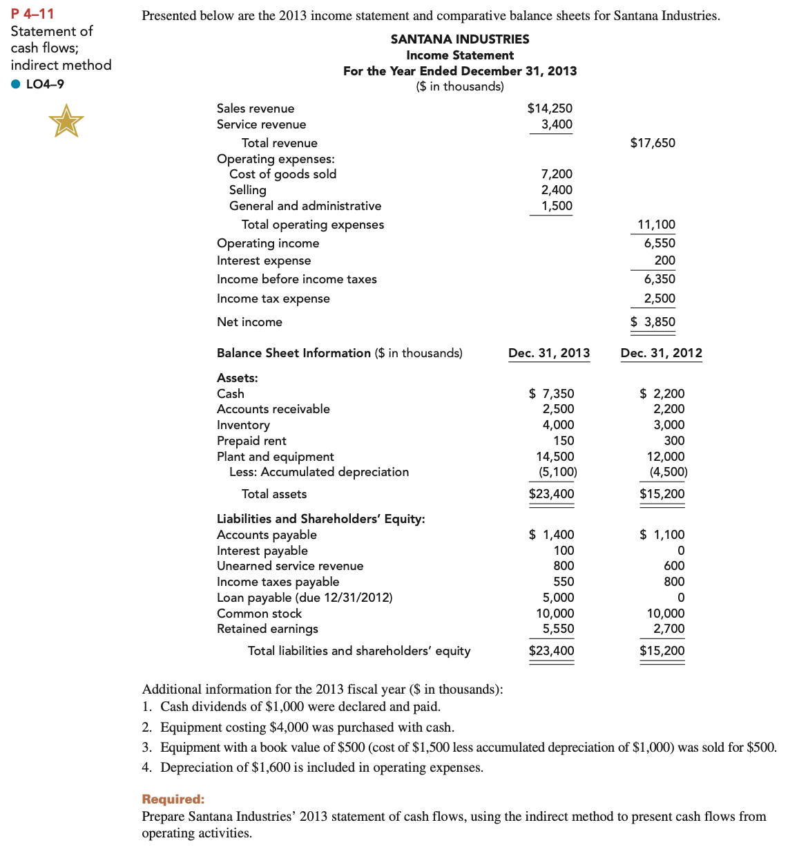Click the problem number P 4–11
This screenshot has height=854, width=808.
pos(32,14)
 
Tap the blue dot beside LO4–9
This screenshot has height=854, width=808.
pos(16,84)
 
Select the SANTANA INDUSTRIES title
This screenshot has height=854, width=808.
pos(460,39)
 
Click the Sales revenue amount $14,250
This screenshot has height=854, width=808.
pos(550,108)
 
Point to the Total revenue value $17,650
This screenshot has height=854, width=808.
pos(653,143)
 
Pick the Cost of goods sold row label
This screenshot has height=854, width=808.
pos(282,174)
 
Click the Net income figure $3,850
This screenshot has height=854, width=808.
pos(653,322)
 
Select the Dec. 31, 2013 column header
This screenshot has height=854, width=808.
pos(549,353)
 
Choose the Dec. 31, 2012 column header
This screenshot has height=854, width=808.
pos(661,353)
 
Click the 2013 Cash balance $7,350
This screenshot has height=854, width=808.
pos(551,394)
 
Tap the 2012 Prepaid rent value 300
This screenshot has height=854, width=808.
pos(674,441)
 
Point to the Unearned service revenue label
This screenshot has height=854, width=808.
pos(290,566)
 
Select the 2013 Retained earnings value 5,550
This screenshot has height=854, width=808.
pos(558,629)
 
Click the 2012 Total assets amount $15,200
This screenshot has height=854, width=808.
pos(662,494)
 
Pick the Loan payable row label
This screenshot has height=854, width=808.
pos(305,598)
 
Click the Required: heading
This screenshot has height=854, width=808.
pos(173,799)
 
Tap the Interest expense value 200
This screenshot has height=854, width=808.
pos(665,260)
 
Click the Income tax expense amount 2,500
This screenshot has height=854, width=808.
pos(660,298)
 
